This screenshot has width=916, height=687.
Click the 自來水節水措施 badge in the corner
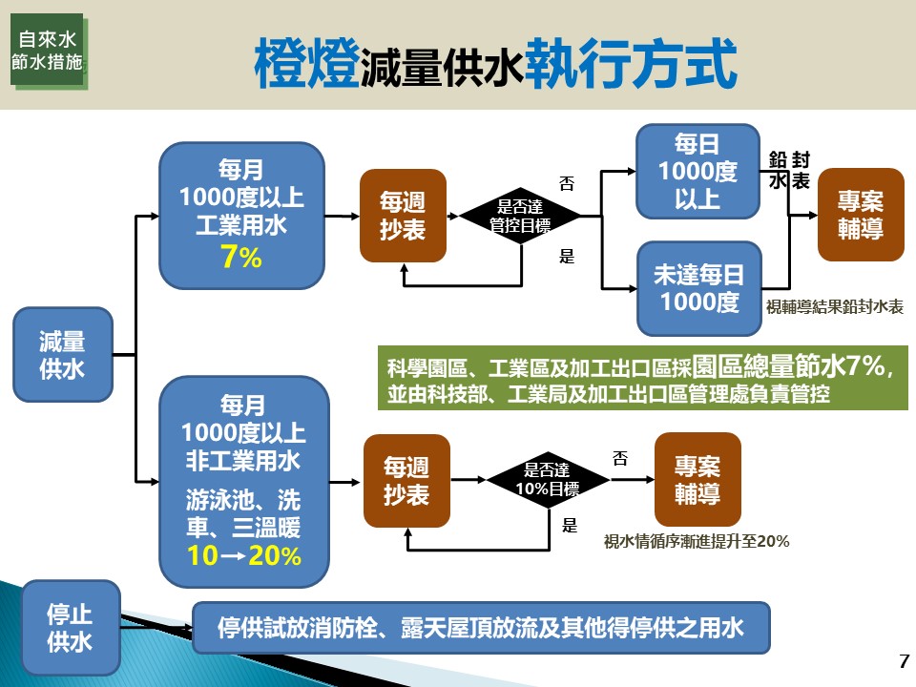pyautogui.click(x=49, y=51)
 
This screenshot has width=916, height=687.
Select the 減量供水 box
pyautogui.click(x=62, y=355)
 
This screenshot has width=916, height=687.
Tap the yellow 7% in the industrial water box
pyautogui.click(x=240, y=258)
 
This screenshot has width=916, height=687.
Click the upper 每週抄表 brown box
pyautogui.click(x=403, y=216)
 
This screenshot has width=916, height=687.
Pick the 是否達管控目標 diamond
pyautogui.click(x=520, y=216)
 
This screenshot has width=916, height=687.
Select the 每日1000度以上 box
pyautogui.click(x=698, y=172)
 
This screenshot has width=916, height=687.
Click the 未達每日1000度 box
pyautogui.click(x=698, y=288)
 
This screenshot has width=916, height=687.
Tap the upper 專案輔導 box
pyautogui.click(x=861, y=216)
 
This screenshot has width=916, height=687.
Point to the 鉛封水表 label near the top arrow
pyautogui.click(x=790, y=170)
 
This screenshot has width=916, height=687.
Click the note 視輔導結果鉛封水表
pyautogui.click(x=835, y=308)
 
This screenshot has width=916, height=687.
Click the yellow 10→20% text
pyautogui.click(x=244, y=556)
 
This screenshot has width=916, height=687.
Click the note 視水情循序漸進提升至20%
pyautogui.click(x=697, y=541)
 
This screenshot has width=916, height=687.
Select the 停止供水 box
pyautogui.click(x=71, y=627)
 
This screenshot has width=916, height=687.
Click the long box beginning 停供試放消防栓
pyautogui.click(x=480, y=628)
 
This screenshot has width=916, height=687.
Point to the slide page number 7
pyautogui.click(x=905, y=661)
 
